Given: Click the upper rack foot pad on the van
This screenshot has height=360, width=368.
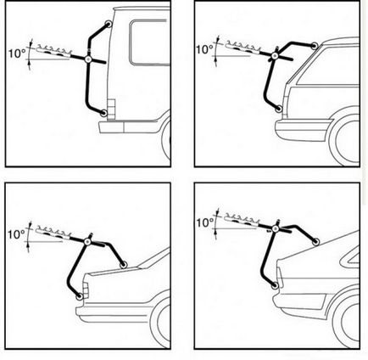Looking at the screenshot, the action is pos(109,24).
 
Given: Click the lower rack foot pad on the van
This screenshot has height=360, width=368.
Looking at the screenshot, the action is pos(103,113).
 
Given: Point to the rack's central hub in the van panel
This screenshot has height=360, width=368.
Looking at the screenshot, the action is pos(88,59).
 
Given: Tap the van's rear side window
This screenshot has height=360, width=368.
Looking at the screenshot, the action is pos(149,42).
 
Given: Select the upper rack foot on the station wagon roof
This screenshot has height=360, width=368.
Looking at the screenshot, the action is pos(314,45).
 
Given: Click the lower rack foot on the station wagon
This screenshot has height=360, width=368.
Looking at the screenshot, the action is pos(279,109).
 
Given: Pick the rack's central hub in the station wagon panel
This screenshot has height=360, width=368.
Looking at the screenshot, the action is pos(274,56).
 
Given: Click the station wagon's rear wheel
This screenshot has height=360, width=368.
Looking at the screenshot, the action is pos(347,142).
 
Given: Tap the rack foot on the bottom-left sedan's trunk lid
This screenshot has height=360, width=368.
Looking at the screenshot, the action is pos(124,265).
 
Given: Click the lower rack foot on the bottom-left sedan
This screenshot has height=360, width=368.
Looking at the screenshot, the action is pos(80,296).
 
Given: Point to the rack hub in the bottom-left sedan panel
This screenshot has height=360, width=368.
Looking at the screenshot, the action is pos(87,242).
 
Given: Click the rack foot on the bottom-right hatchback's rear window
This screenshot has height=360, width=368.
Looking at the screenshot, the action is pos(315,242).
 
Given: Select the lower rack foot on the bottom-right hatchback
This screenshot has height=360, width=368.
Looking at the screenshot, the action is pos(275,286).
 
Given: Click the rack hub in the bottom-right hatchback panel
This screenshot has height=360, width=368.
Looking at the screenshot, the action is pos(275,228).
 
